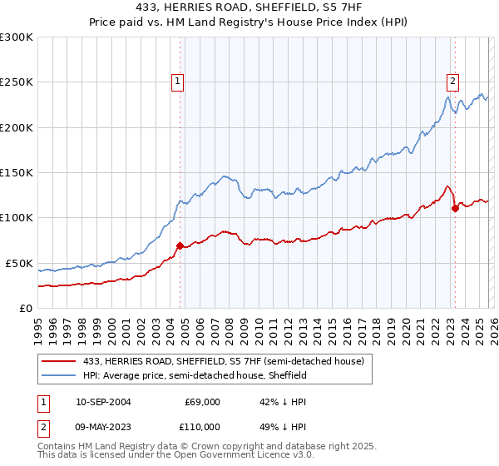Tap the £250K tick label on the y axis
point(17,82)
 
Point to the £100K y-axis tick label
point(17,217)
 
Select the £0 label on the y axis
point(27,308)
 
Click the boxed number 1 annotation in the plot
point(179,82)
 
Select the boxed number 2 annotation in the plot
point(453,82)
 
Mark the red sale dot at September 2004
point(180,245)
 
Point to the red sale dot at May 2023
point(455,209)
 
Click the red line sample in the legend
point(59,362)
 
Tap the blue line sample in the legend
point(59,376)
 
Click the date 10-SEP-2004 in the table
point(103,402)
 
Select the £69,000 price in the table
point(202,402)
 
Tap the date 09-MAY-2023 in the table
point(103,426)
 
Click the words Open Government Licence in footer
point(217,456)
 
